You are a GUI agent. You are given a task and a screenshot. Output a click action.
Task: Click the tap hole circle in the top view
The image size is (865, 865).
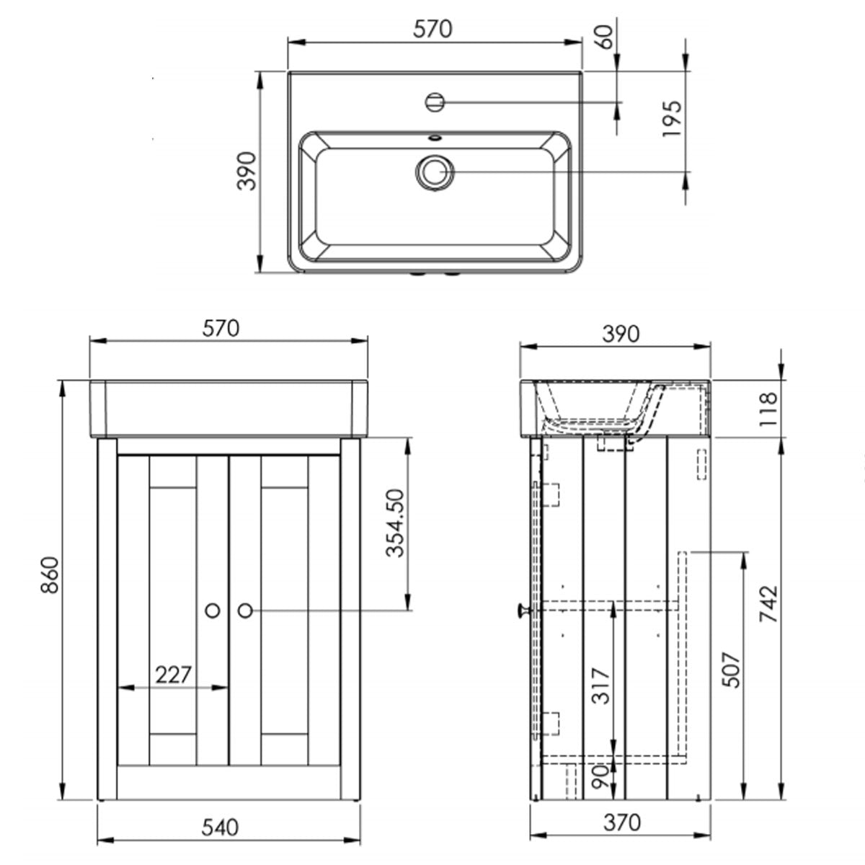click(435, 102)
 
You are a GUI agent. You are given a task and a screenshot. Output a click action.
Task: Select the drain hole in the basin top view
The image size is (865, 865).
click(434, 172)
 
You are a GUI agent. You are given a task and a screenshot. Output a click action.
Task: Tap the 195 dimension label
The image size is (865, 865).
click(670, 120)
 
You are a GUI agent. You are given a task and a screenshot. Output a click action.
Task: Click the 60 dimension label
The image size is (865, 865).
click(604, 36)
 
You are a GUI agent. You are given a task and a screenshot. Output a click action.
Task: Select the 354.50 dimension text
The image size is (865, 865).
click(394, 524)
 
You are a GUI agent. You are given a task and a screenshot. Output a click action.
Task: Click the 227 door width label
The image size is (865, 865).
click(174, 675)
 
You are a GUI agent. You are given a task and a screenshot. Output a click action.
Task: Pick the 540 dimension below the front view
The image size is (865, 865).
click(221, 828)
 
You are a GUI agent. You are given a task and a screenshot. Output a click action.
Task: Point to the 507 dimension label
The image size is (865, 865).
click(732, 670)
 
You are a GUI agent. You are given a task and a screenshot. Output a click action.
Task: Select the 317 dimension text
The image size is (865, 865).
click(600, 686)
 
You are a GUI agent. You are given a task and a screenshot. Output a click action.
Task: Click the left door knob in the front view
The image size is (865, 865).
click(213, 610)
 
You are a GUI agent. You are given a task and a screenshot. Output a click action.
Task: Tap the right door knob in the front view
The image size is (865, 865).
click(244, 610)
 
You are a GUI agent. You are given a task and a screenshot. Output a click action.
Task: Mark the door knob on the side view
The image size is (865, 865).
click(520, 611)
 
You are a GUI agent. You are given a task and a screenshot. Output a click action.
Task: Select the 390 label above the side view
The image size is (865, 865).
click(621, 334)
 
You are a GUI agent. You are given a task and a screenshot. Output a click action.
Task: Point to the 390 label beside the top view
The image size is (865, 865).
click(247, 171)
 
